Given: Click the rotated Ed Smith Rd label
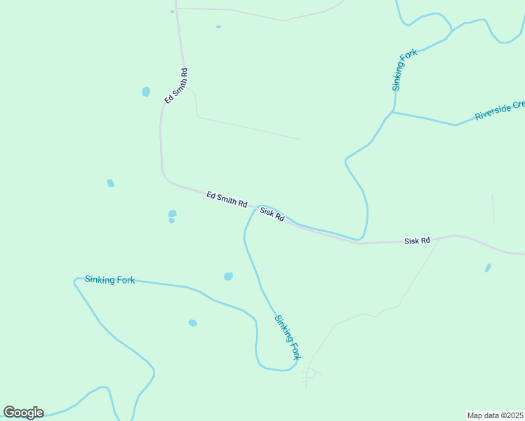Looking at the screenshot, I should (x=175, y=86).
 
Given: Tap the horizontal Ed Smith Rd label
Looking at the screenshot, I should (x=227, y=199).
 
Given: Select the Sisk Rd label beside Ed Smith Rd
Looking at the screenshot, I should (x=272, y=215).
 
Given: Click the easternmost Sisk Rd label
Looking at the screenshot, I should (x=417, y=241).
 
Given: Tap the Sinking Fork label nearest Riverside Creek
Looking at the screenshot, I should (x=405, y=70).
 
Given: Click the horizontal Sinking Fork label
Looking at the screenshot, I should (x=109, y=279).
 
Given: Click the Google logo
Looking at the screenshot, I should (x=23, y=413).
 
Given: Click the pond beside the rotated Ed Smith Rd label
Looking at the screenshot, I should (x=146, y=91).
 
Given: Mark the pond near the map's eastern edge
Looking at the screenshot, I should (x=488, y=267).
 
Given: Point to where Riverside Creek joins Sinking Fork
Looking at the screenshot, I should (x=392, y=112).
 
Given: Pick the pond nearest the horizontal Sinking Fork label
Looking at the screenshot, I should (x=227, y=276).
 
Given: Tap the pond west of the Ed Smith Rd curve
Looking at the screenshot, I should (x=110, y=183).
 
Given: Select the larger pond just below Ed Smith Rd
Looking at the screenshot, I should (x=173, y=213).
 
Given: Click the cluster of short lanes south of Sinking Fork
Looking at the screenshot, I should (x=310, y=377).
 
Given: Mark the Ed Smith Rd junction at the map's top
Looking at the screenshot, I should (x=176, y=8).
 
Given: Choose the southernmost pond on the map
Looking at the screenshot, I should (x=192, y=323).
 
